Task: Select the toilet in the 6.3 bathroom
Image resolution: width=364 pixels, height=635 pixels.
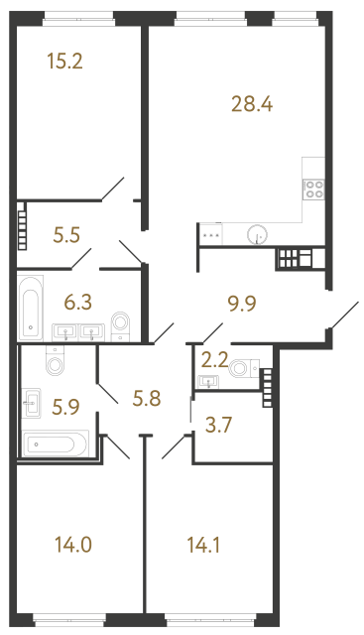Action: (121, 324)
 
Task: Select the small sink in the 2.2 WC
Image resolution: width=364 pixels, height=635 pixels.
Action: (208, 381)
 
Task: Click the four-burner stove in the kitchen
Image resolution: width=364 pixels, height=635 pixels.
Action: (315, 190)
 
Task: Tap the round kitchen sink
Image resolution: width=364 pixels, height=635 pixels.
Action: (258, 234)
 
